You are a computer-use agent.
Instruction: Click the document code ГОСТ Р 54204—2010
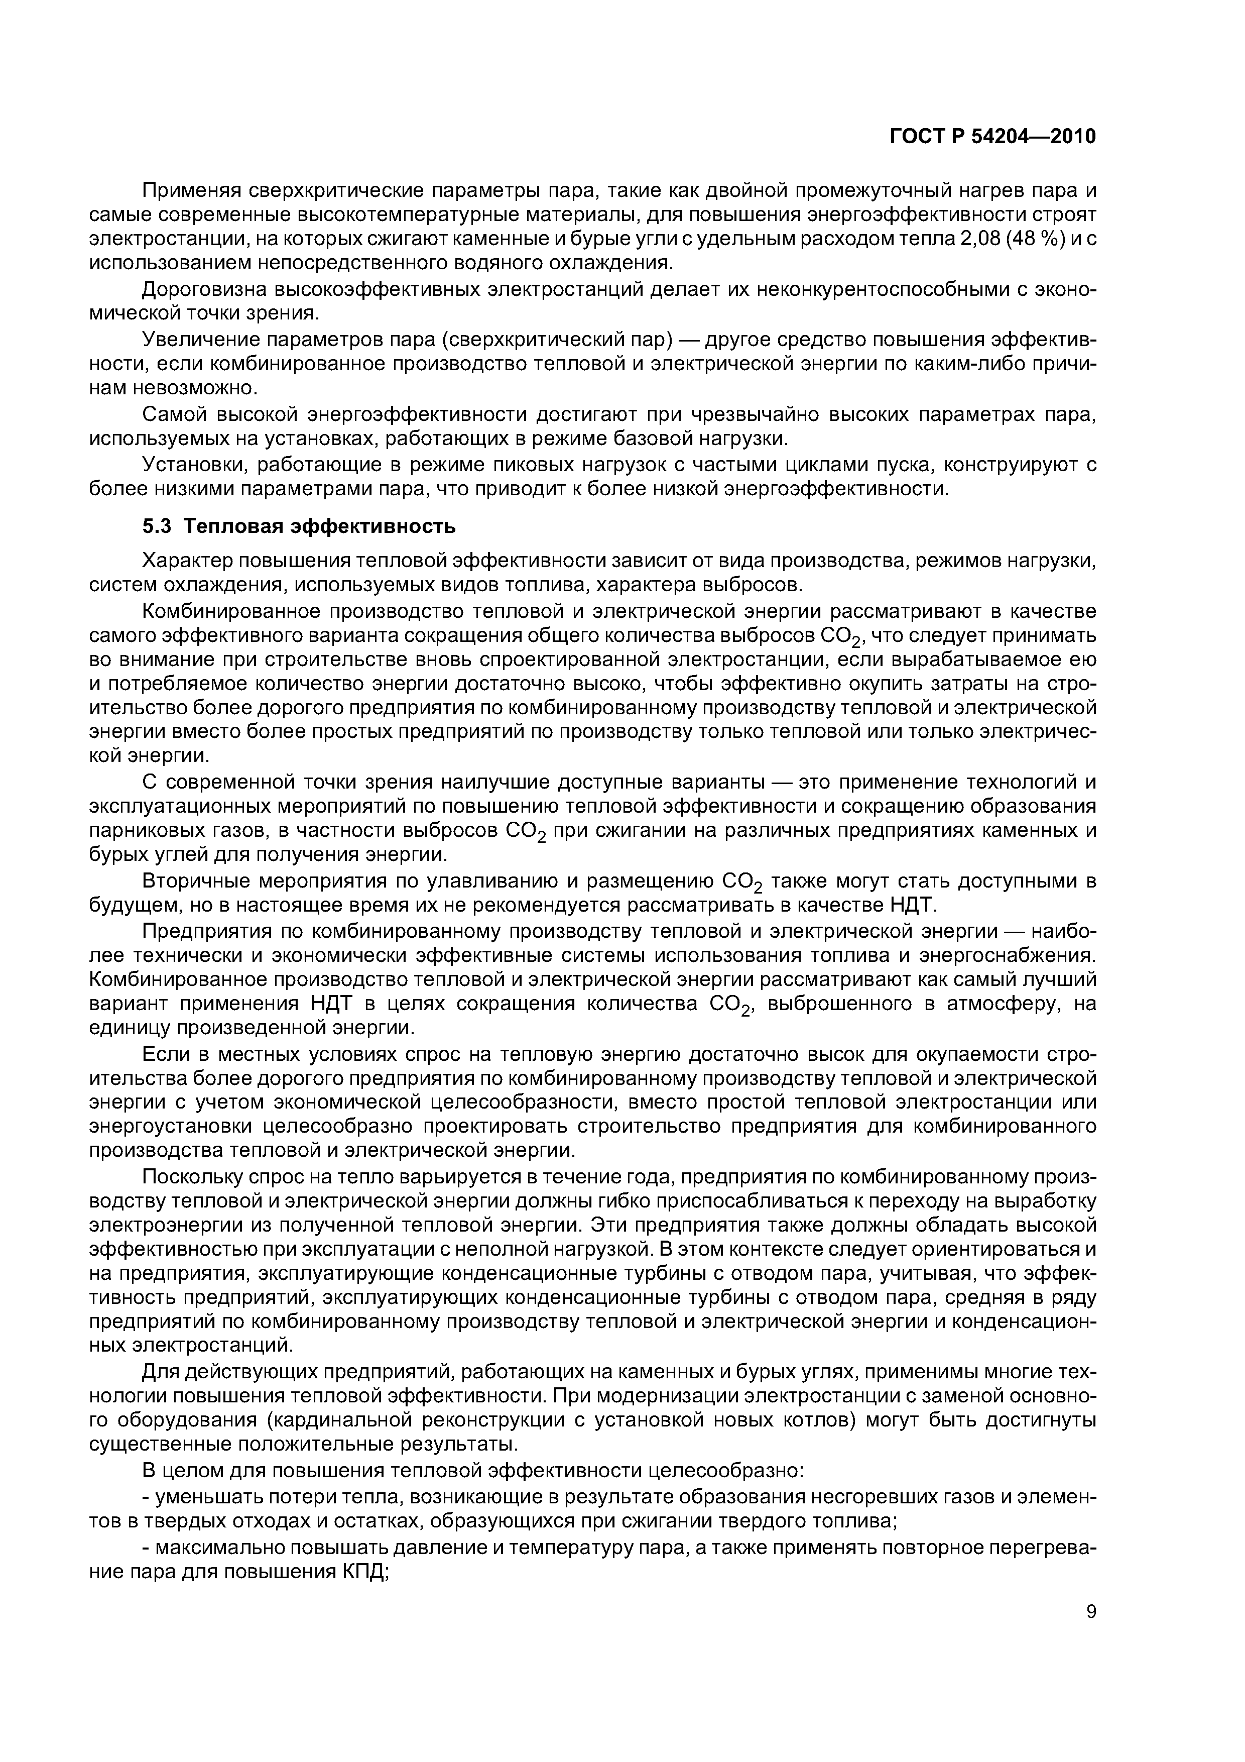(x=992, y=137)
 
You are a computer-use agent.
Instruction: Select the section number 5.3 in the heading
(x=159, y=526)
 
